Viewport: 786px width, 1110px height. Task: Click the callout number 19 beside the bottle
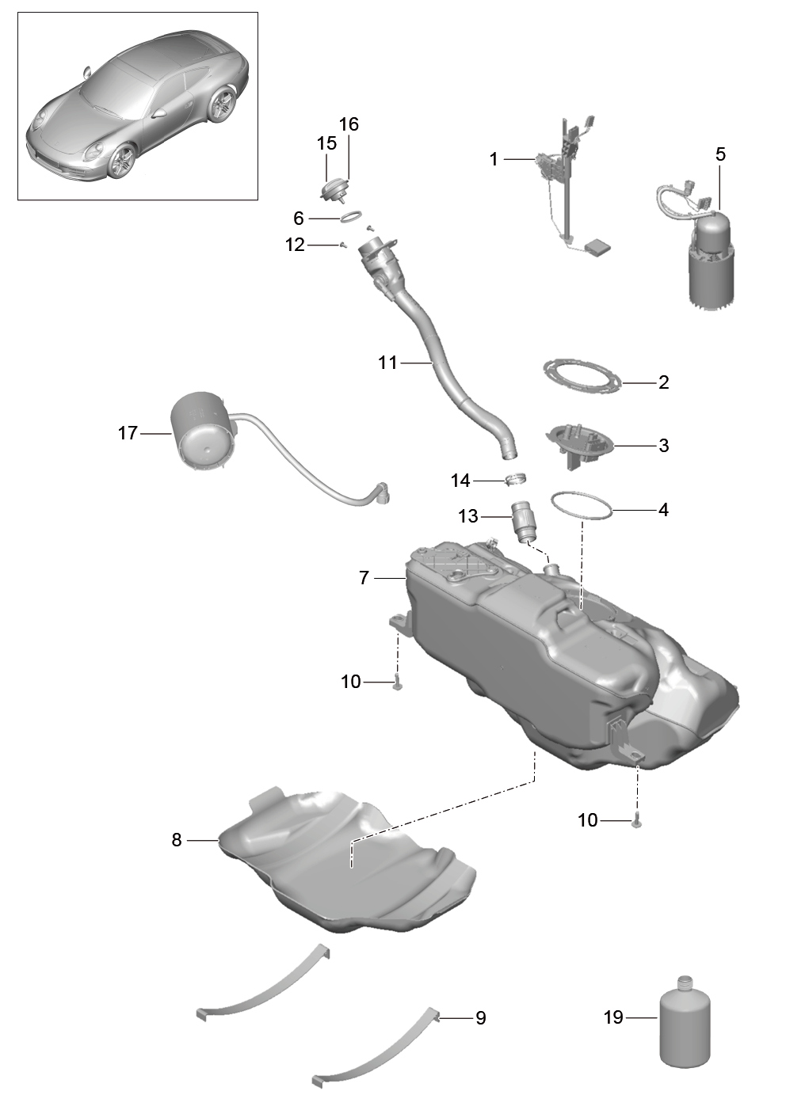[x=613, y=1017]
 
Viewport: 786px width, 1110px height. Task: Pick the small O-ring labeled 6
[x=350, y=217]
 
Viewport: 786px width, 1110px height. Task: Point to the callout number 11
[x=387, y=363]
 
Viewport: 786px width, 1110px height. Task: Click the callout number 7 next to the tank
[x=364, y=578]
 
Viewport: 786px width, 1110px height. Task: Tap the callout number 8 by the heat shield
[x=177, y=840]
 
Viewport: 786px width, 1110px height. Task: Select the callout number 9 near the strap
[x=480, y=1018]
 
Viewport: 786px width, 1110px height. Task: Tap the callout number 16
[x=349, y=124]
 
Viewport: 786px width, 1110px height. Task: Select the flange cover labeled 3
[x=579, y=444]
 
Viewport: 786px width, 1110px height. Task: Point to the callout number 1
[x=494, y=159]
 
